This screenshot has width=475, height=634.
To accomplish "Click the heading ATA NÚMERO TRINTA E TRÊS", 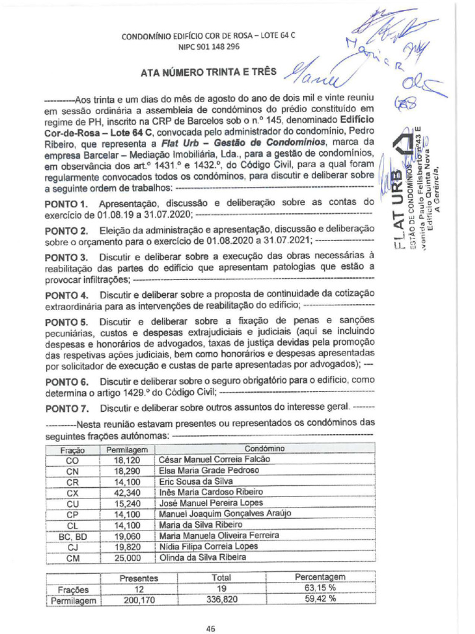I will [208, 72].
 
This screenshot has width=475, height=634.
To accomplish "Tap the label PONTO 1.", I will [68, 204].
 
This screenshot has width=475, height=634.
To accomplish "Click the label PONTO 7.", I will [68, 409].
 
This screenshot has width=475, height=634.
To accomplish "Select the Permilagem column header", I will [127, 449].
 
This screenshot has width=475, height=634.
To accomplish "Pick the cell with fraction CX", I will [72, 493].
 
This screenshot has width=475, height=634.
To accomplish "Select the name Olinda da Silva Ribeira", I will [203, 557].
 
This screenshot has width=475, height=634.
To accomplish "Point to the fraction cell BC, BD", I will [72, 536].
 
